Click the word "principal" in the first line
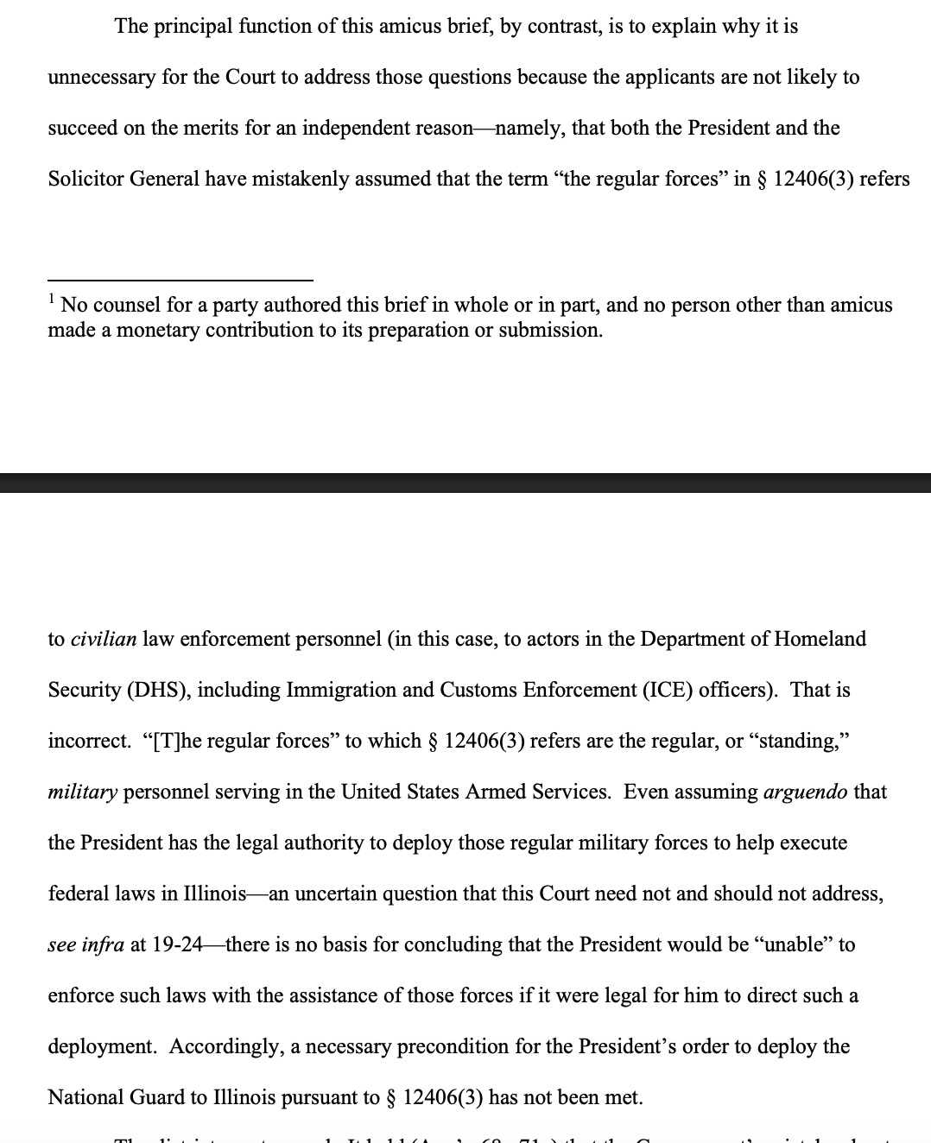coord(186,26)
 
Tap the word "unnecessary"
coord(101,77)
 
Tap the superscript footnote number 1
coord(52,299)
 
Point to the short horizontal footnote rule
coord(180,280)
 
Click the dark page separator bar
coord(465,483)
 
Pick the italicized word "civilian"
coord(103,639)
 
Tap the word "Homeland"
coord(820,639)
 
